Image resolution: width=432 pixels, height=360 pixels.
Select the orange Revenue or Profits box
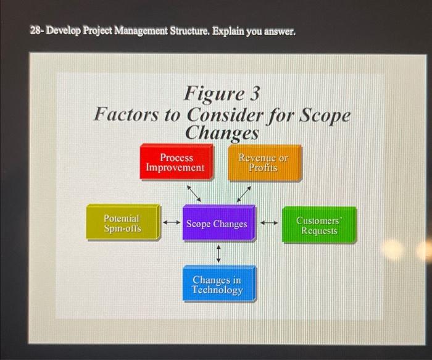(x=264, y=163)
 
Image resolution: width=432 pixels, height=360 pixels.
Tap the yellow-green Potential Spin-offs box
(x=123, y=224)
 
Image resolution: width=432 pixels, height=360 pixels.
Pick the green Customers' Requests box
(x=319, y=225)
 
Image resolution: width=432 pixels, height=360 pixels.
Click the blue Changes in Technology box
(x=218, y=284)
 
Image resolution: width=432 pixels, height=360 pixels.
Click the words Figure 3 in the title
(x=222, y=94)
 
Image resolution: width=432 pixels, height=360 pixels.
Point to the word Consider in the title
(x=225, y=115)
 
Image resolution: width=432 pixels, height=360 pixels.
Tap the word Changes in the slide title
(x=222, y=133)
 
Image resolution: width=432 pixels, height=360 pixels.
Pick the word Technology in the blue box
(x=217, y=290)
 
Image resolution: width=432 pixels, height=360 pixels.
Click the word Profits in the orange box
(x=264, y=168)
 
